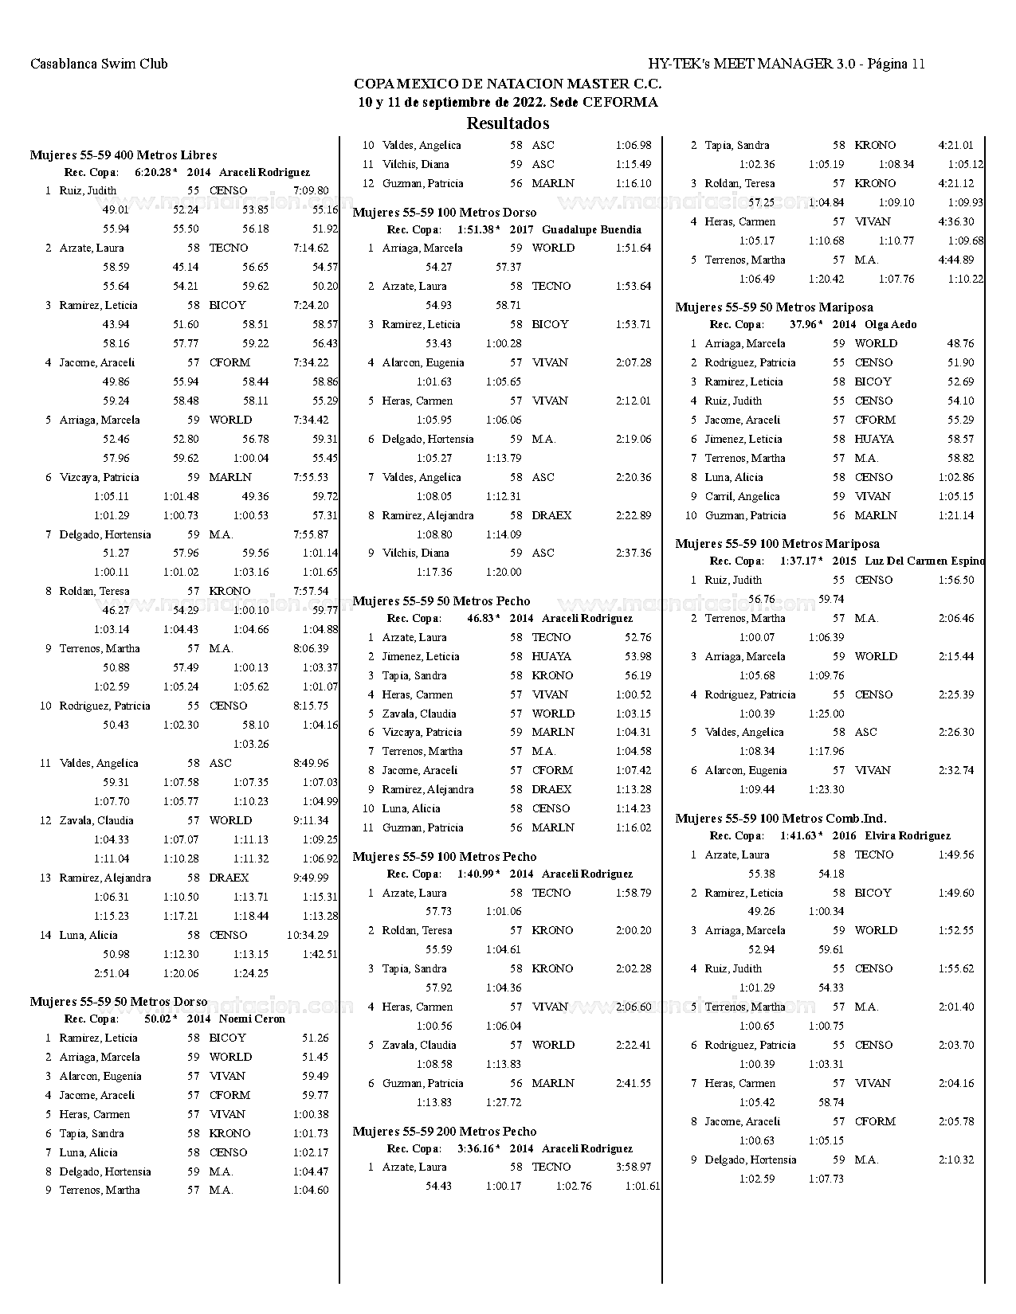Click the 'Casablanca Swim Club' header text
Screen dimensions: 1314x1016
coord(99,64)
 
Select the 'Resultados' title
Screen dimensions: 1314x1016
coord(508,123)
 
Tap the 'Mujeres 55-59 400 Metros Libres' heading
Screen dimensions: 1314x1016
coord(124,154)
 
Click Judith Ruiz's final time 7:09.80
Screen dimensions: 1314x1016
coord(311,190)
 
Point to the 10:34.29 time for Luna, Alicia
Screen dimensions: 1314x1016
coord(308,935)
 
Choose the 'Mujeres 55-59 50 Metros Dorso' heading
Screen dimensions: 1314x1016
coord(119,1001)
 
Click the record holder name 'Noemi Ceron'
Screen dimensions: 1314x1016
coord(252,1019)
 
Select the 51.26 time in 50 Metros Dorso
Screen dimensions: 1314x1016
coord(316,1038)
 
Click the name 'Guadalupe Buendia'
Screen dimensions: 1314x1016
coord(591,229)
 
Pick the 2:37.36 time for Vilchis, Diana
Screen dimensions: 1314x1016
coord(634,553)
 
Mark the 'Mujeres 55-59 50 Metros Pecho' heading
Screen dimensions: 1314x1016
coord(441,600)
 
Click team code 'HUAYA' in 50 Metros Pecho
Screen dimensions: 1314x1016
coord(551,656)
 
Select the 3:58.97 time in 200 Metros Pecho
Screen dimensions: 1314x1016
coord(634,1167)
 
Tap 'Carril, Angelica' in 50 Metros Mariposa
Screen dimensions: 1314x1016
coord(742,496)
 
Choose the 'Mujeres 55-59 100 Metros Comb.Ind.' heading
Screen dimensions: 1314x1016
coord(781,818)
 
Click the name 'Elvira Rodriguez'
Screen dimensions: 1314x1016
coord(908,835)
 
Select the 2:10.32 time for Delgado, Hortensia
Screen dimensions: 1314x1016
coord(956,1160)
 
